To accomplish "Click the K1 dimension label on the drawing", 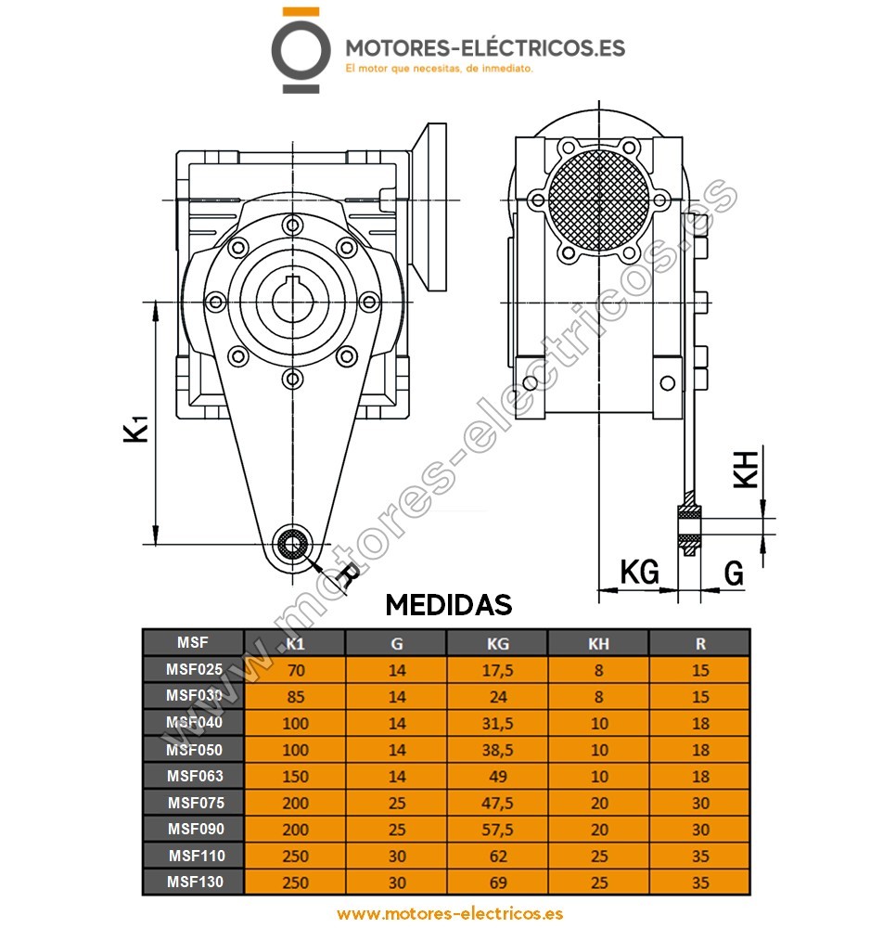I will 137,429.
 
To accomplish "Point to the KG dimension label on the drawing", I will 639,572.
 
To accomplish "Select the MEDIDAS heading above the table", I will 448,605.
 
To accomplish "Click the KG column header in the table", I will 497,642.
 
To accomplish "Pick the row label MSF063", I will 194,776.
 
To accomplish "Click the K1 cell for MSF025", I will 295,669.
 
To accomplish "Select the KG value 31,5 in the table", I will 497,722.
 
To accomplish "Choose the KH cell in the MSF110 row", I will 598,855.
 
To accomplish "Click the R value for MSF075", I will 699,802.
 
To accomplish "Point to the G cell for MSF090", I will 396,829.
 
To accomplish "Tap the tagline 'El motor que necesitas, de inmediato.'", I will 439,69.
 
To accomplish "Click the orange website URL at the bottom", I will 450,913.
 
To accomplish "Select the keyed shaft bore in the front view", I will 293,300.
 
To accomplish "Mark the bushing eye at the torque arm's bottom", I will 294,545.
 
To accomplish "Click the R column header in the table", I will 699,642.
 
